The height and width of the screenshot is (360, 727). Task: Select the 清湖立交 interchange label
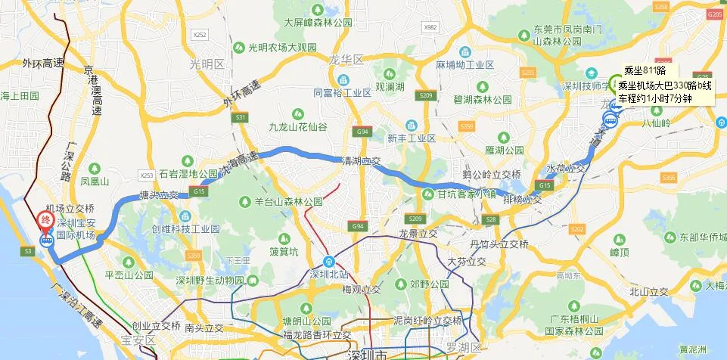pyautogui.click(x=360, y=160)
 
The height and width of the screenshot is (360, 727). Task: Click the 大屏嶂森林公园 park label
pyautogui.click(x=318, y=23)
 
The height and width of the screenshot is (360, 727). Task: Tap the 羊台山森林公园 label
pyautogui.click(x=289, y=202)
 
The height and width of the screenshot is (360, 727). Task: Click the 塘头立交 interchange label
pyautogui.click(x=159, y=194)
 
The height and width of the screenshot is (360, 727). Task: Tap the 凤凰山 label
pyautogui.click(x=95, y=182)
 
